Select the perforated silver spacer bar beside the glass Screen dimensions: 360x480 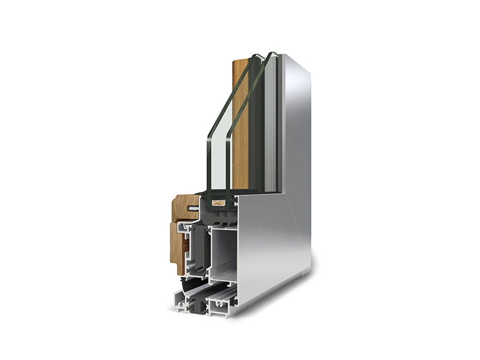pyautogui.click(x=272, y=120)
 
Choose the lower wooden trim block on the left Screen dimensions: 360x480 pyautogui.click(x=179, y=246)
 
